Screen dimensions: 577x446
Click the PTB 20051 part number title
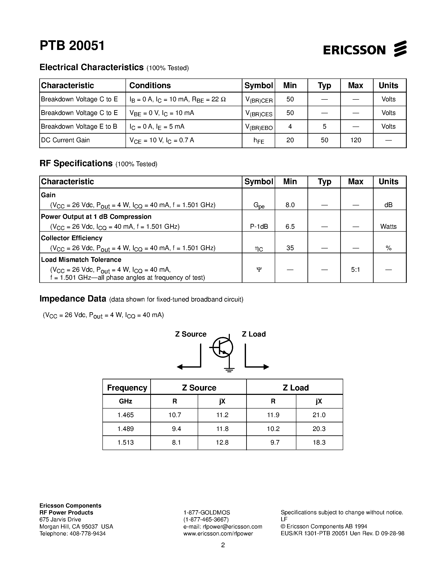[72, 46]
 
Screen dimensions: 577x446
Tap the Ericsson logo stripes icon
[400, 49]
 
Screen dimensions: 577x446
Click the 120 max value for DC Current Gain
[356, 140]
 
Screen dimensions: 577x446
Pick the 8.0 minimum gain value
[290, 205]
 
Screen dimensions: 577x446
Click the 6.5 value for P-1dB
[290, 226]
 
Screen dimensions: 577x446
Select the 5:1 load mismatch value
[355, 269]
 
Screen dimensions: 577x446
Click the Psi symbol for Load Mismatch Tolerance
[259, 269]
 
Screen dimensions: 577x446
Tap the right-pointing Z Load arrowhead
[266, 367]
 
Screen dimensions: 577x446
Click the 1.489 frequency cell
[126, 428]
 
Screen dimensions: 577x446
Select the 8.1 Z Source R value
[176, 442]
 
